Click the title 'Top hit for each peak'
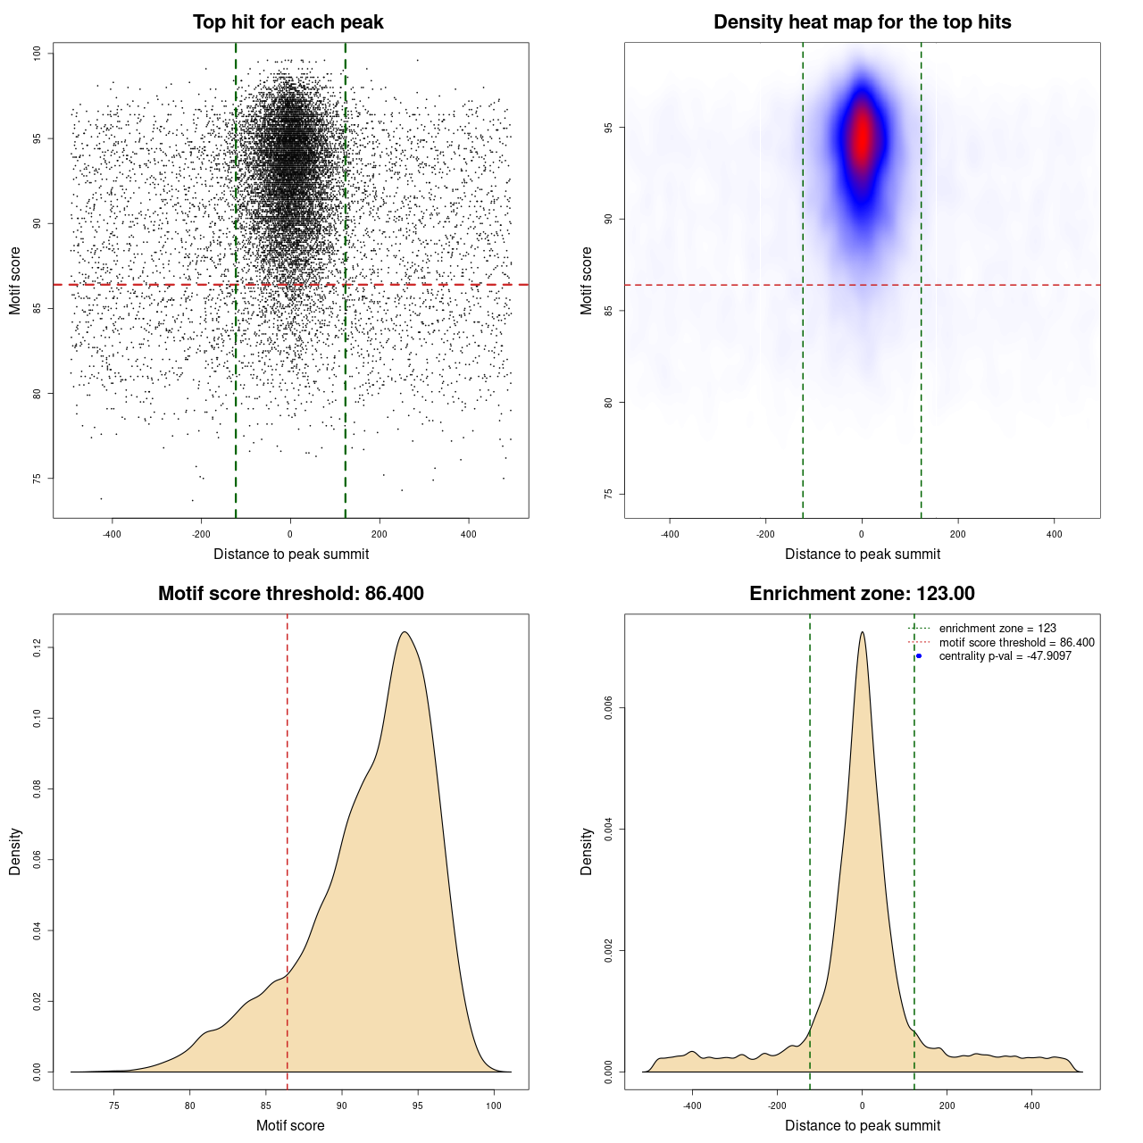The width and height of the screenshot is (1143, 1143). pyautogui.click(x=288, y=22)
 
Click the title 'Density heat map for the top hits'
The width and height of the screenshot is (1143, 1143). pyautogui.click(x=862, y=22)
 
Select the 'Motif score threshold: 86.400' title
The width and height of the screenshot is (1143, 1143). pyautogui.click(x=290, y=594)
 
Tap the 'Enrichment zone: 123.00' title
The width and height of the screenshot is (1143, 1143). pyautogui.click(x=862, y=594)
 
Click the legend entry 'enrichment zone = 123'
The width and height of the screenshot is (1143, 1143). pyautogui.click(x=997, y=629)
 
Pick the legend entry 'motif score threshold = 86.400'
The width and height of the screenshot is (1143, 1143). pyautogui.click(x=1016, y=642)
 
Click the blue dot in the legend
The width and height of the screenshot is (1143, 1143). pyautogui.click(x=919, y=656)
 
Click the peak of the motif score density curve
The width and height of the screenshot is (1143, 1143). pyautogui.click(x=405, y=632)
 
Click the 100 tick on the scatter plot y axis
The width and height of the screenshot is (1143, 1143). pyautogui.click(x=38, y=54)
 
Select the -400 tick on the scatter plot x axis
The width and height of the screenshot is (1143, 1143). pyautogui.click(x=112, y=534)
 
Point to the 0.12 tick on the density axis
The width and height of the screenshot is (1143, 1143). pyautogui.click(x=38, y=647)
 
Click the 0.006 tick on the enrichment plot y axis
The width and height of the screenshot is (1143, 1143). pyautogui.click(x=609, y=708)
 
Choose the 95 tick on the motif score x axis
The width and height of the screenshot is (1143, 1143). pyautogui.click(x=418, y=1105)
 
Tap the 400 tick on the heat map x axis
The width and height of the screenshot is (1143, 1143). pyautogui.click(x=1054, y=534)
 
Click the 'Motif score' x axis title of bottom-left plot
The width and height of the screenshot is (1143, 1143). pyautogui.click(x=290, y=1125)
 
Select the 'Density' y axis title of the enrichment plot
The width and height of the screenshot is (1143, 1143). pyautogui.click(x=587, y=851)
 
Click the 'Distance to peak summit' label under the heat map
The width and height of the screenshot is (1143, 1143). pyautogui.click(x=862, y=554)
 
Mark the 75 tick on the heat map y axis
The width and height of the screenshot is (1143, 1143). pyautogui.click(x=609, y=494)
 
